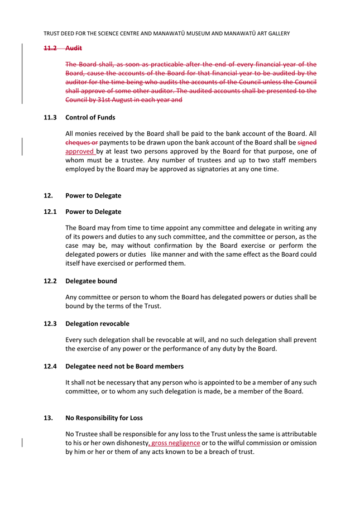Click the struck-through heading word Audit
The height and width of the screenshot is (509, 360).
[74, 49]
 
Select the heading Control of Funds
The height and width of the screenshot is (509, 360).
[90, 118]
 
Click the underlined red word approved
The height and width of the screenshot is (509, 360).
[80, 151]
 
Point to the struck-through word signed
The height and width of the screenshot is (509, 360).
[307, 142]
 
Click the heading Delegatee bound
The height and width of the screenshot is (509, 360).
[91, 281]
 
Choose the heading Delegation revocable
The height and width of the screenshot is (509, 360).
[97, 324]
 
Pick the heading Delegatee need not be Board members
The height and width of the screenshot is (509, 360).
[124, 366]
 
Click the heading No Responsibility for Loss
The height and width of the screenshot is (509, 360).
[104, 417]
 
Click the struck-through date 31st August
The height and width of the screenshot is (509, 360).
[118, 100]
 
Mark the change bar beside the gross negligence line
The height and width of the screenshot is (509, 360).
[22, 443]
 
